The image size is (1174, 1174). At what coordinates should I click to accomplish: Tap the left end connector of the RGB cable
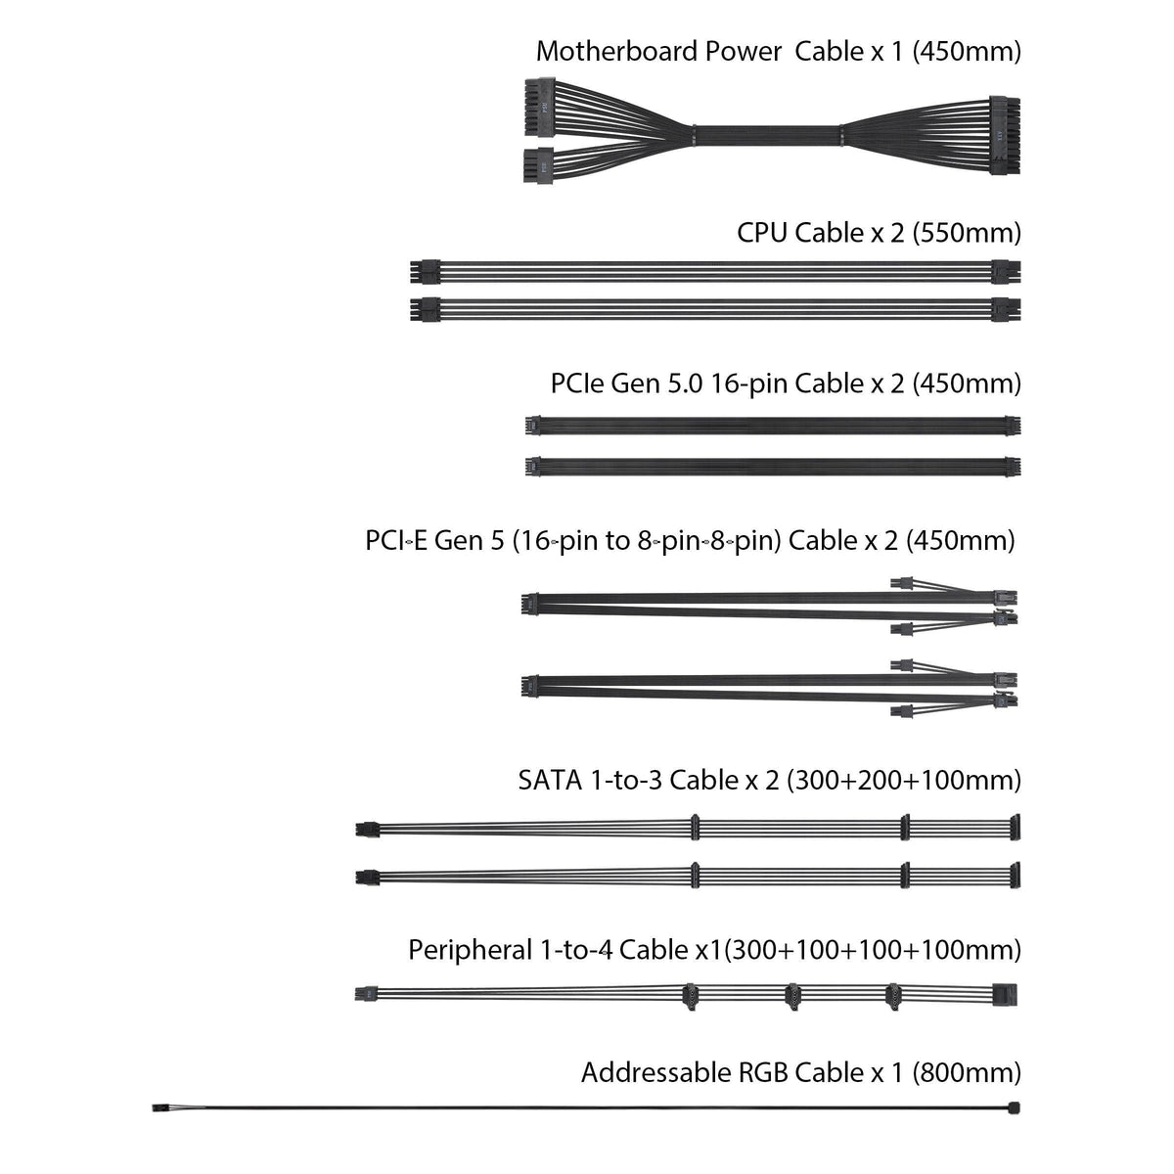coord(158,1107)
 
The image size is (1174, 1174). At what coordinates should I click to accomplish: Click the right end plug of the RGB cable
coord(1014,1107)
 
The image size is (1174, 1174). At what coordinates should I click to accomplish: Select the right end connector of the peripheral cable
coord(1006,994)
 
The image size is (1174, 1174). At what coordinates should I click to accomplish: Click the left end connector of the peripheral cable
coord(362,994)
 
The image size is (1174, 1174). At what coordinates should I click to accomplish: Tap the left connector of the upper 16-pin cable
coord(533,426)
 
